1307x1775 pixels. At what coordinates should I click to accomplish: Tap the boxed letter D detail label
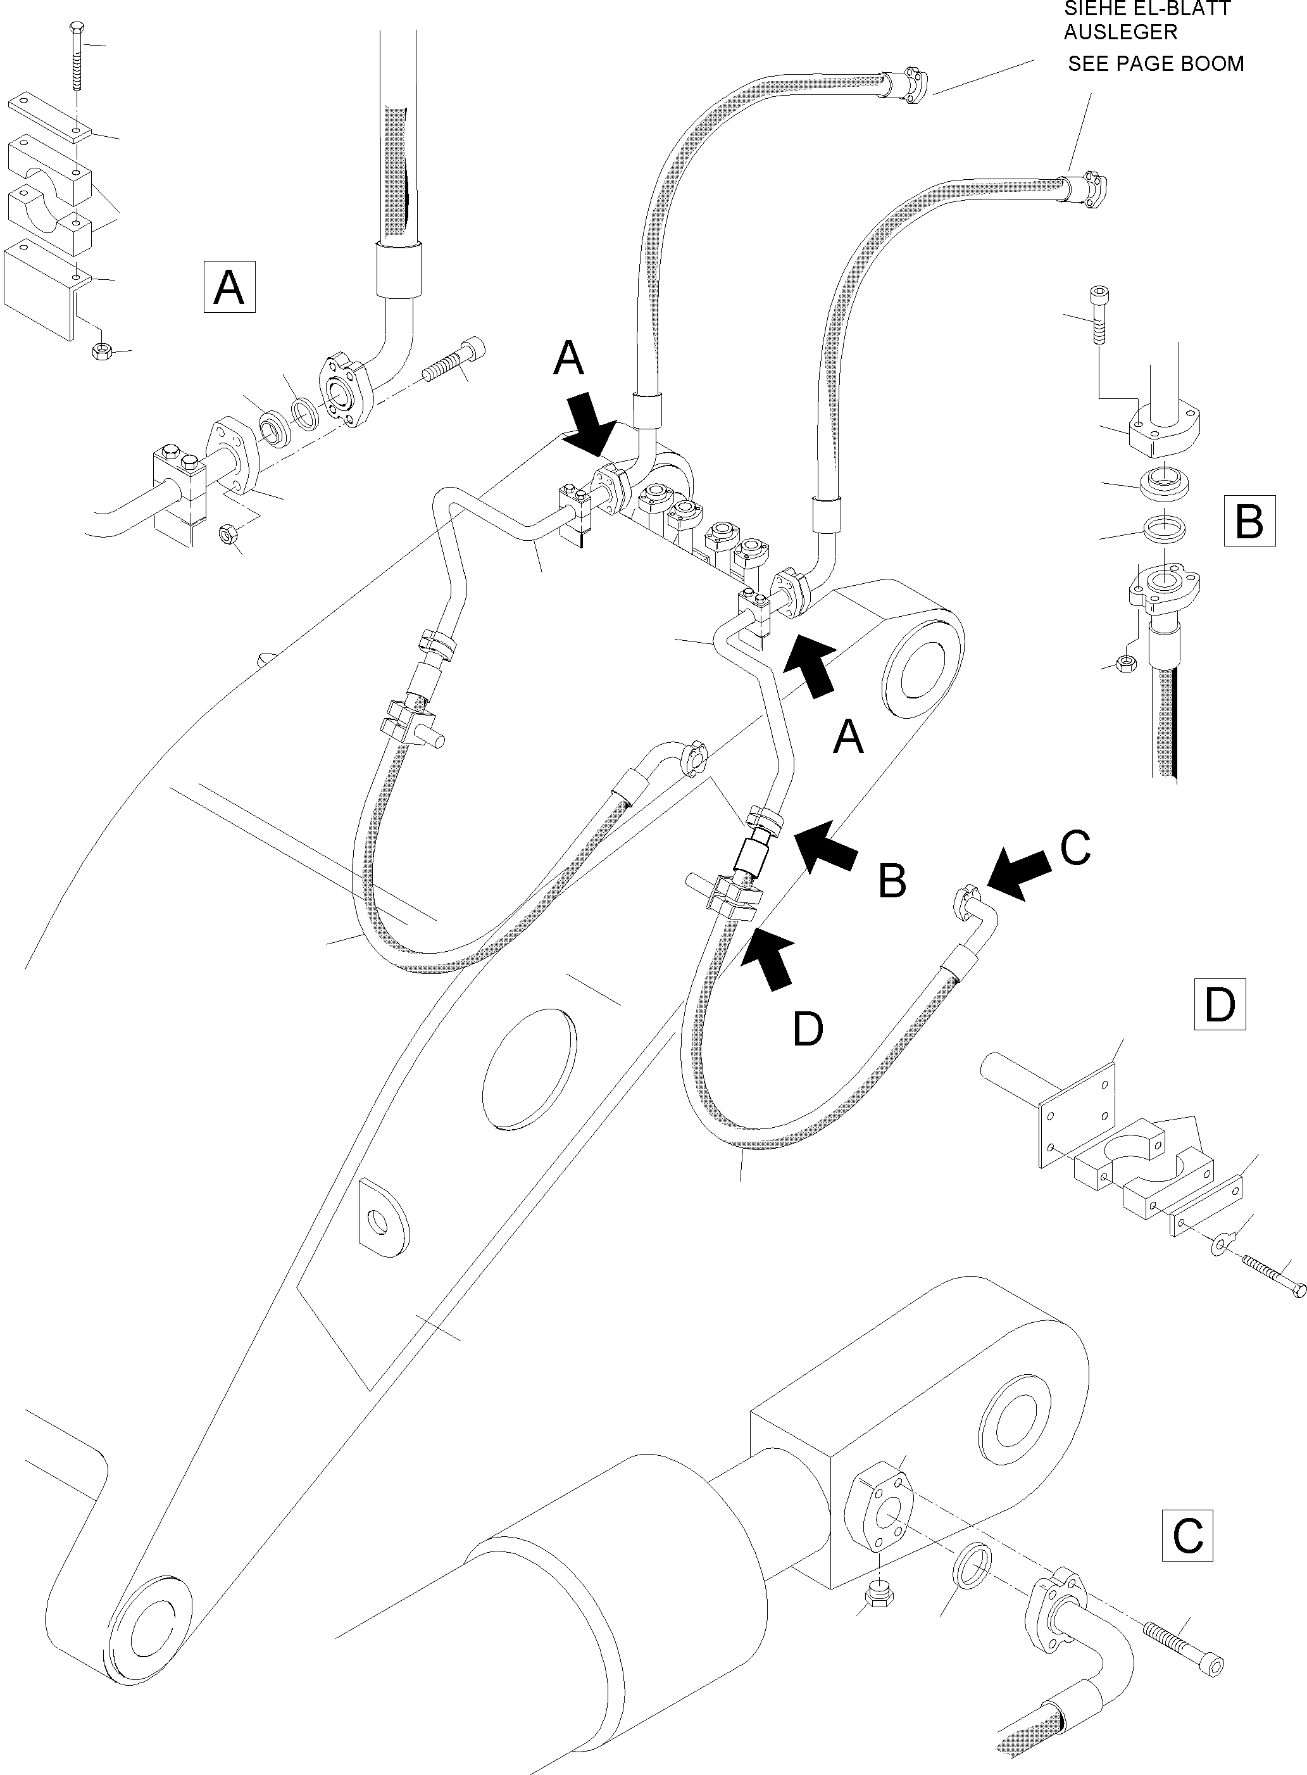(x=1219, y=1004)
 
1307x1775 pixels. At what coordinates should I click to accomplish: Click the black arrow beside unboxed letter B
(x=825, y=844)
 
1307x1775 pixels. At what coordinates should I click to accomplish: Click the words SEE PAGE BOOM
(x=1155, y=63)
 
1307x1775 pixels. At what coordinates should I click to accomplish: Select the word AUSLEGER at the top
(x=1120, y=32)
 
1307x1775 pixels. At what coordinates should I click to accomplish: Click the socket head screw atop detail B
(x=1098, y=315)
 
